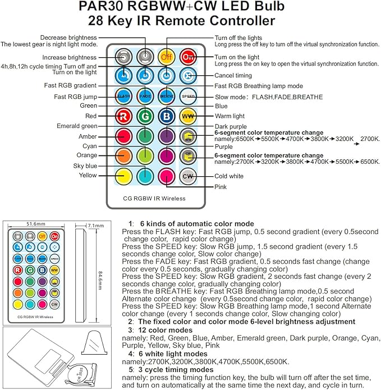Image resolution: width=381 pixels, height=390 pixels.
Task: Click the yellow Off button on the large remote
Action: click(x=166, y=57)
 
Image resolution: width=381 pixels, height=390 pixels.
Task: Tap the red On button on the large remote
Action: click(x=188, y=57)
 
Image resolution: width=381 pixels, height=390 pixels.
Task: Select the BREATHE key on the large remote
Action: click(x=166, y=96)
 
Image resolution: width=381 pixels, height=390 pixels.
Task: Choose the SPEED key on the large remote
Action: click(x=188, y=96)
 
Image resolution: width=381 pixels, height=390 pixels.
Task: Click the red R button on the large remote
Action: click(x=123, y=116)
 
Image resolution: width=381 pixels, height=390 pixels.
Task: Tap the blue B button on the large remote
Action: click(x=166, y=116)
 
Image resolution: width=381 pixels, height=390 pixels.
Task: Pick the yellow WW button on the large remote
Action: click(x=188, y=116)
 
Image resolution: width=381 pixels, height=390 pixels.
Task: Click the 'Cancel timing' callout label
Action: click(x=233, y=75)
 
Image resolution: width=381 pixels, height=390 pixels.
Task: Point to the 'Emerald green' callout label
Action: click(x=77, y=126)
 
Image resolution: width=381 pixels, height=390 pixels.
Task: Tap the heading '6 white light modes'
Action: click(x=177, y=355)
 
